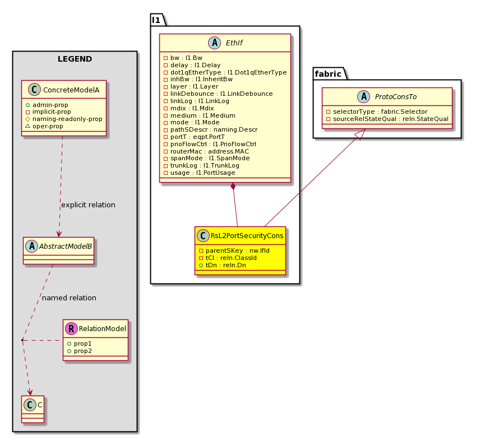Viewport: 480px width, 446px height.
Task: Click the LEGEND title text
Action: [x=75, y=59]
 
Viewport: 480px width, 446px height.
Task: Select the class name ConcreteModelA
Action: [x=71, y=90]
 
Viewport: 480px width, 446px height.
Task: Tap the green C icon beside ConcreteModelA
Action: [x=34, y=90]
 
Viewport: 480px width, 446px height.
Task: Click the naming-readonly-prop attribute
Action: [x=67, y=119]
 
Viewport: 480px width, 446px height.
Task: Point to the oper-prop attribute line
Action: [x=48, y=126]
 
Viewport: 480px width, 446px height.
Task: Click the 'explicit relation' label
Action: [x=88, y=205]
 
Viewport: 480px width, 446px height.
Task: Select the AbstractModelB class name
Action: [x=66, y=246]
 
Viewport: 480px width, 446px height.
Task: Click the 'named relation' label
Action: [x=69, y=298]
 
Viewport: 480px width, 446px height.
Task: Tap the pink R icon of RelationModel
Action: [x=71, y=328]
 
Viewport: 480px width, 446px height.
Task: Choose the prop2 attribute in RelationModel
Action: [x=82, y=351]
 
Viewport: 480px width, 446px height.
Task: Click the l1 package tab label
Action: [x=156, y=20]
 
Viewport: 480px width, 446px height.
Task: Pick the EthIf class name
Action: [x=234, y=43]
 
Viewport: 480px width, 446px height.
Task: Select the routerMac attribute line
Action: [x=210, y=151]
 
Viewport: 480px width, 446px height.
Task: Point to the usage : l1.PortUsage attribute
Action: [x=202, y=173]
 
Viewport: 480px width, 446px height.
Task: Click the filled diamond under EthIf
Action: [x=233, y=186]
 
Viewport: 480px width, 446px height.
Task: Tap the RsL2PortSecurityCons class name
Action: [x=247, y=236]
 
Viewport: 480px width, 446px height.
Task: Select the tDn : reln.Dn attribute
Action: [x=225, y=265]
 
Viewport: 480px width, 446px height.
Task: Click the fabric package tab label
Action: [x=328, y=74]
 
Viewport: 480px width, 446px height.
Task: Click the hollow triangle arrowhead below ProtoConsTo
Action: [x=361, y=134]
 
